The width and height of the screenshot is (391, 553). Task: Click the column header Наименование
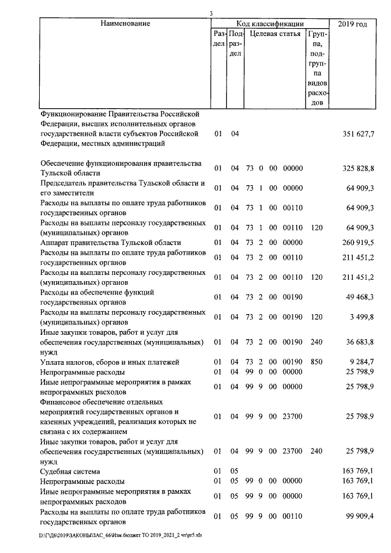coord(125,23)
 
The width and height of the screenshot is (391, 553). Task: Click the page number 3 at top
coord(211,13)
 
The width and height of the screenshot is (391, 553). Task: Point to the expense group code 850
coord(315,362)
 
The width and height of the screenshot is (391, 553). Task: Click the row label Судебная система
coord(70,472)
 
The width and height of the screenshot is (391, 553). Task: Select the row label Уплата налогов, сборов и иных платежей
coord(110,362)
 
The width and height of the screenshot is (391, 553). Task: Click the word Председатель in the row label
coord(66,183)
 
